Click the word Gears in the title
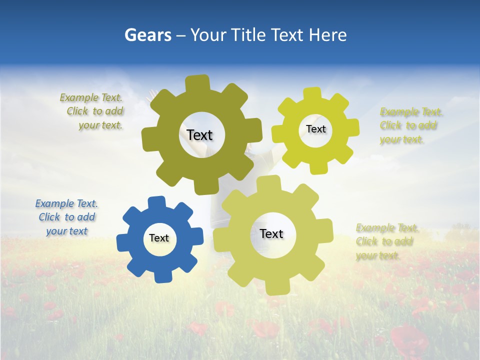(147, 35)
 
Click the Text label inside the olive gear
(199, 135)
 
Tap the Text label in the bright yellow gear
(315, 129)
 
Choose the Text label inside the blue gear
(159, 238)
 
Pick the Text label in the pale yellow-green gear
(271, 234)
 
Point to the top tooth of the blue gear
(156, 202)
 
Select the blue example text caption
(66, 217)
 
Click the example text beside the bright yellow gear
(411, 126)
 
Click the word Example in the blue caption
(54, 203)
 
